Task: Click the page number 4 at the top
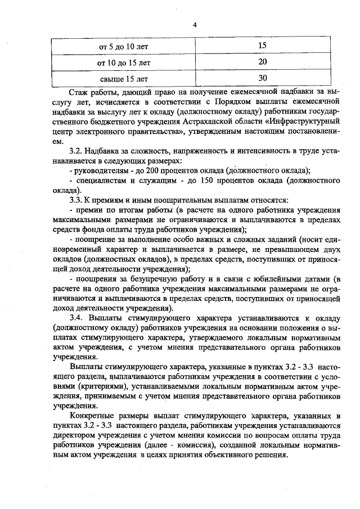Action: pos(195,24)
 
